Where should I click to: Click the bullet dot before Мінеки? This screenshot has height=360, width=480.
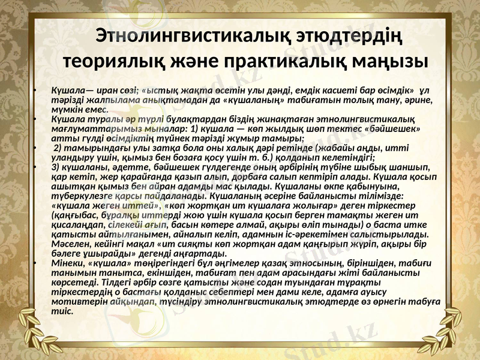pyautogui.click(x=36, y=262)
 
